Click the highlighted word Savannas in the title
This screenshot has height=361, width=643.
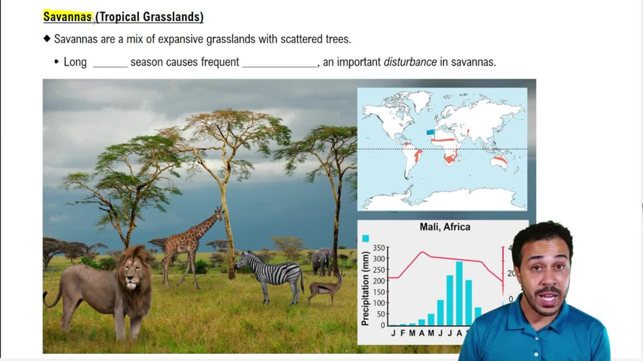pos(68,17)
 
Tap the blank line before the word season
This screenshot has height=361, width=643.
pos(110,64)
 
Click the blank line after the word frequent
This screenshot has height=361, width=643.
pos(280,64)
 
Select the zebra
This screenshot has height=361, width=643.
pos(273,273)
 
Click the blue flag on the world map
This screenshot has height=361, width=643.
pos(430,132)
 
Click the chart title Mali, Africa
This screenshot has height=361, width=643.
pos(444,227)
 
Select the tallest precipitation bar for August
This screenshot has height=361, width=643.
pos(459,293)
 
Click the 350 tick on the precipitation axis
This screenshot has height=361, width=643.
pos(380,248)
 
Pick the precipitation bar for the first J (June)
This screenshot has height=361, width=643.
pos(440,312)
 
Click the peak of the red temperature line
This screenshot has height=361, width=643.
pos(422,252)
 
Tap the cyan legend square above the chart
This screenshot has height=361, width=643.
pos(365,238)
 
